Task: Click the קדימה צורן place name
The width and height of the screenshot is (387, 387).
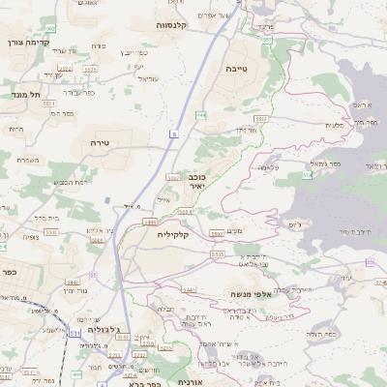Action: tap(28, 43)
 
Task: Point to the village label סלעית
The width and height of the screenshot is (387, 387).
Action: tap(336, 125)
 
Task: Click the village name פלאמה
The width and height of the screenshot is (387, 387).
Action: tap(270, 167)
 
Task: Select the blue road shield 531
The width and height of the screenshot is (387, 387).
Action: tap(74, 332)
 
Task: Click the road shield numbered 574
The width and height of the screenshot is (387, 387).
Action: tap(307, 175)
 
